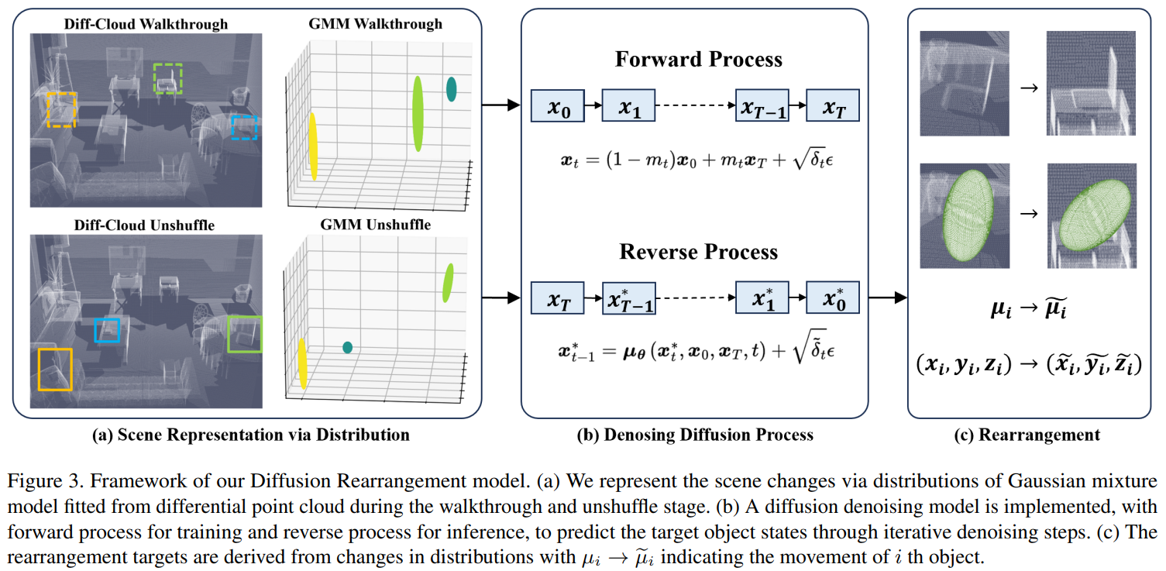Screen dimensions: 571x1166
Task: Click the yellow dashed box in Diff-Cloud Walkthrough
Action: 61,109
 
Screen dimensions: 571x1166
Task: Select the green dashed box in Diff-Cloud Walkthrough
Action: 167,78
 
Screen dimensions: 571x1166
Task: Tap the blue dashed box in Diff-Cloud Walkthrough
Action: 244,128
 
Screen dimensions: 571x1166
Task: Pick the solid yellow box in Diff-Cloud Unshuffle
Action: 54,369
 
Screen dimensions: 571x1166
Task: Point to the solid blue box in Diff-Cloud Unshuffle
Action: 107,329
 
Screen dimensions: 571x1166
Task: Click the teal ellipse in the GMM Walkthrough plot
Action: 451,89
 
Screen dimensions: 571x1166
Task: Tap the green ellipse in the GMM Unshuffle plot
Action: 448,283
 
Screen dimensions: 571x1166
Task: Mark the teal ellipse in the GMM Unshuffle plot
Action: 347,348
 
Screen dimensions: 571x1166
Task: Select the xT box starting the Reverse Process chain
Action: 557,298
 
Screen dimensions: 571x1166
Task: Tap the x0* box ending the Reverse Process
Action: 832,298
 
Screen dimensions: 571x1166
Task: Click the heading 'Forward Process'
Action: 698,60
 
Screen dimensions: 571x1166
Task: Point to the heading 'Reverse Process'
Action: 698,253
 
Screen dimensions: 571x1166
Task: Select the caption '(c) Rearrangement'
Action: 1027,435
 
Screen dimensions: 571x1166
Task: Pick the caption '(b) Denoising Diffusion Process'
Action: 695,435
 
